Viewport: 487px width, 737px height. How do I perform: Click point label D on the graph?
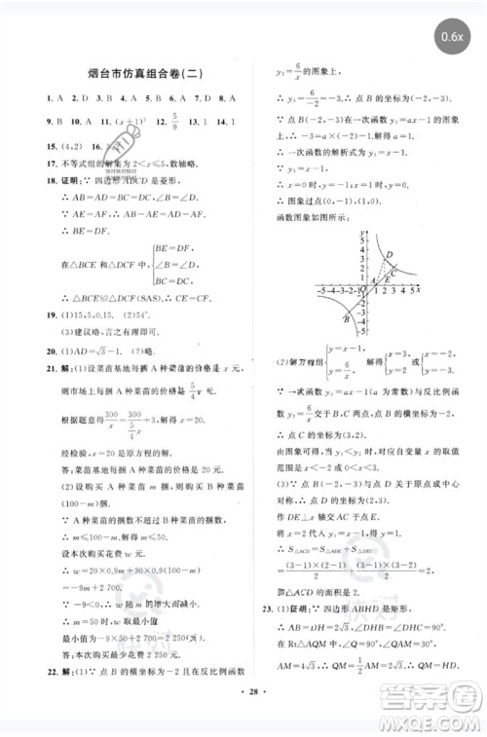(x=390, y=255)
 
